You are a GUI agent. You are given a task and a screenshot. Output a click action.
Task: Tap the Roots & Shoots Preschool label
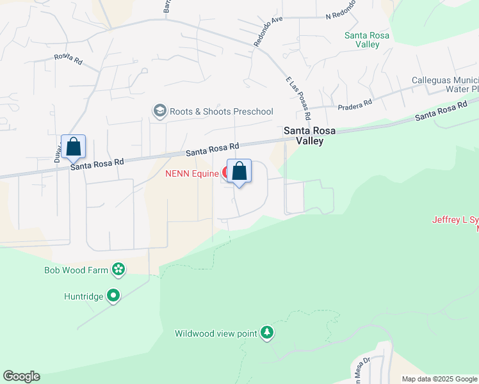[221, 111]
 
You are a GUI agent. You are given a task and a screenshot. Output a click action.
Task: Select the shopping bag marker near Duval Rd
[74, 147]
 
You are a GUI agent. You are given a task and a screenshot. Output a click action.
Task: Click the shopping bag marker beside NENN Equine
[239, 171]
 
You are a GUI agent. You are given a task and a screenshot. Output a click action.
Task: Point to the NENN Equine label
[193, 173]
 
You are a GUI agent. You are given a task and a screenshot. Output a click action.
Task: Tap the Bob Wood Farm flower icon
[118, 270]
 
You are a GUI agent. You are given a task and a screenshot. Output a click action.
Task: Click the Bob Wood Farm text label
[76, 270]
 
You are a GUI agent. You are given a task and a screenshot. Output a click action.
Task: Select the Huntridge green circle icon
[113, 296]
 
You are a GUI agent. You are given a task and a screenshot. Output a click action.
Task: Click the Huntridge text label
[83, 296]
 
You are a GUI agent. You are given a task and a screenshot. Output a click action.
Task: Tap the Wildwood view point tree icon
[267, 333]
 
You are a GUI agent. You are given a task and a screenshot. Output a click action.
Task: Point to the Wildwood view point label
[216, 333]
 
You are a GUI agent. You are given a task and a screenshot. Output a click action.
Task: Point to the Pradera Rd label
[356, 104]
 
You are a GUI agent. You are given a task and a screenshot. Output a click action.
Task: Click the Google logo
[21, 376]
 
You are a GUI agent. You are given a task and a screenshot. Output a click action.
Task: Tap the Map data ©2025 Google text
[439, 379]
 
